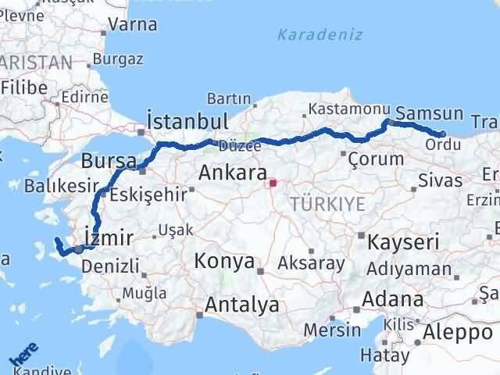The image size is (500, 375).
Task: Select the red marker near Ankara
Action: pos(272,184)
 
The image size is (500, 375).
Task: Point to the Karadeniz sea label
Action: pos(309,35)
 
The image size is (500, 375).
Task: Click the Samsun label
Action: pos(430,113)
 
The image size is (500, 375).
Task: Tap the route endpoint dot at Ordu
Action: pos(443,134)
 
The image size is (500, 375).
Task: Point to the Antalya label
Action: pos(241,305)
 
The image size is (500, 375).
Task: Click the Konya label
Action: pos(224,260)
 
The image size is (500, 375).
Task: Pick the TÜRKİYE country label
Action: pos(327,205)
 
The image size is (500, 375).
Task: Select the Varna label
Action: pos(134,25)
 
